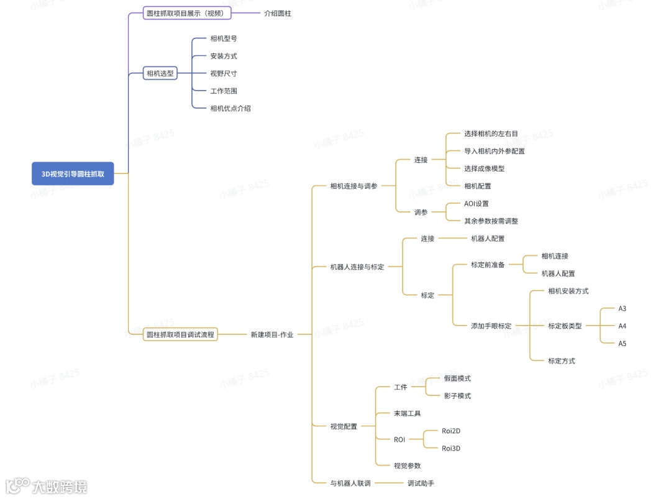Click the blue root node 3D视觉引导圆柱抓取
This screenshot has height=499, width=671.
(x=73, y=174)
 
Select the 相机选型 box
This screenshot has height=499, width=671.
(x=160, y=73)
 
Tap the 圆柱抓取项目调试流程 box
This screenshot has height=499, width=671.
(x=180, y=334)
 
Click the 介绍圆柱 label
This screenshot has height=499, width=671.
(x=277, y=12)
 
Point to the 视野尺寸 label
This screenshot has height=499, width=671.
(x=224, y=73)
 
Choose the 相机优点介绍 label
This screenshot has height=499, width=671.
(x=231, y=108)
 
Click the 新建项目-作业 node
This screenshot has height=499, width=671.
(x=272, y=334)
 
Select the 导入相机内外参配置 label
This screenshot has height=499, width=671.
(x=495, y=151)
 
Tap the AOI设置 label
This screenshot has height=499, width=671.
(x=477, y=203)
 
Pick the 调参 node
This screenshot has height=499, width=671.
(x=421, y=212)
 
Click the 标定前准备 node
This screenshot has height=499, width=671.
(x=488, y=264)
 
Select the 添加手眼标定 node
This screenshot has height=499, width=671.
(x=491, y=326)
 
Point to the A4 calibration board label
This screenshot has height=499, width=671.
(x=622, y=326)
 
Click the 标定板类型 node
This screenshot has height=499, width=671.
(x=565, y=326)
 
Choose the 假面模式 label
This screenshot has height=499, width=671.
(x=457, y=378)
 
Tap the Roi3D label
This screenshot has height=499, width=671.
(x=451, y=448)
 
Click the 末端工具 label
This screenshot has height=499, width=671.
(x=408, y=413)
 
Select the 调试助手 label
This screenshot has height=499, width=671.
(x=421, y=483)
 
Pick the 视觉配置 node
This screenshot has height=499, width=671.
(x=344, y=426)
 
